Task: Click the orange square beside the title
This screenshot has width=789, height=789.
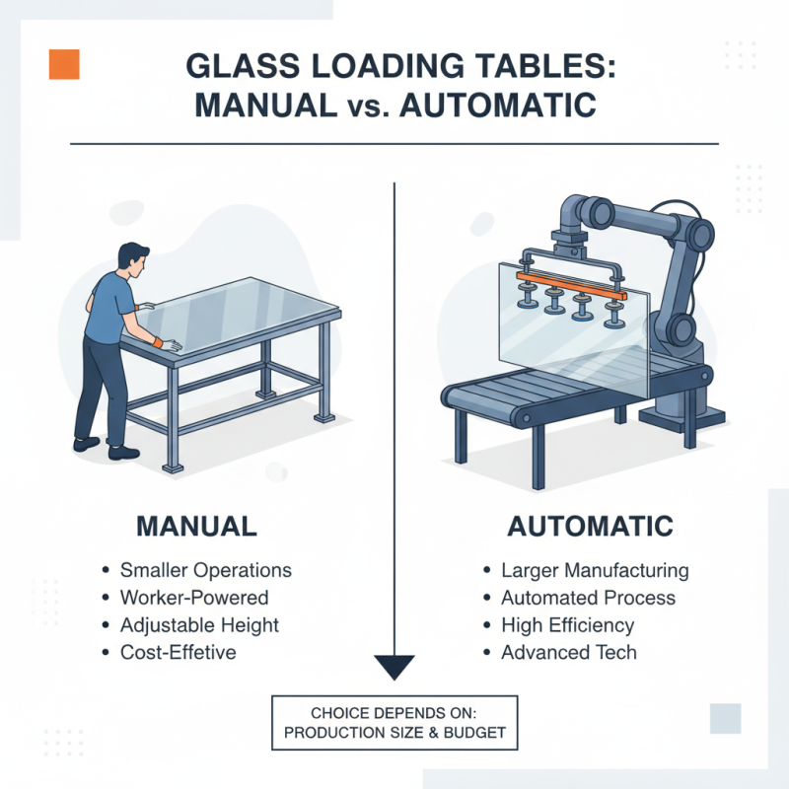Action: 64,64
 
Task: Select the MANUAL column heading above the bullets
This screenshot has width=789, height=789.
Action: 196,525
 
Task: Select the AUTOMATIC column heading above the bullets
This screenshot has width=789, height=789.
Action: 590,525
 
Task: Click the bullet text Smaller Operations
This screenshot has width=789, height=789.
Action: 205,570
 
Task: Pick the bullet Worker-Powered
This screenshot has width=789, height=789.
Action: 193,598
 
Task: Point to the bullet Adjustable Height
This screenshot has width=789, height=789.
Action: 199,625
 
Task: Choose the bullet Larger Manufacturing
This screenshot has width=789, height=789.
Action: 595,570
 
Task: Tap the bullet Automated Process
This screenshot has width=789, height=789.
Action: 588,598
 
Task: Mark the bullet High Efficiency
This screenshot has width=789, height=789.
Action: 567,625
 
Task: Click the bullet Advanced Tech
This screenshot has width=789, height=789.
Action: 568,653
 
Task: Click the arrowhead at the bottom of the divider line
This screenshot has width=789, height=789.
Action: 394,667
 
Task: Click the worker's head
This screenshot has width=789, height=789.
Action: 131,260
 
